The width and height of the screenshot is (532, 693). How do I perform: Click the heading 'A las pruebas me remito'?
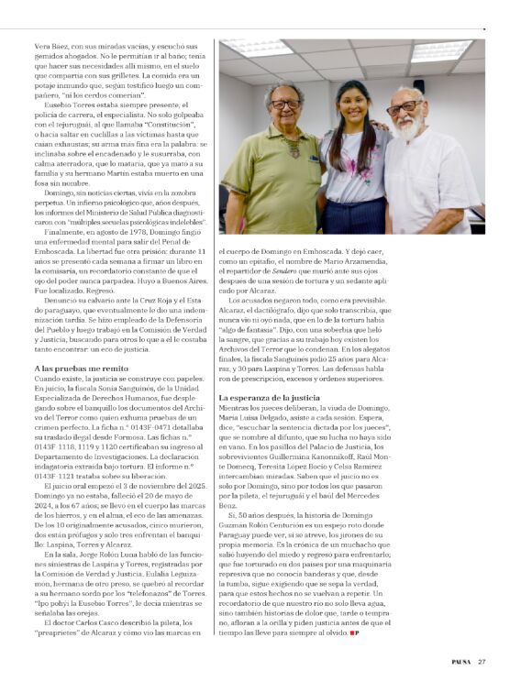coord(67,368)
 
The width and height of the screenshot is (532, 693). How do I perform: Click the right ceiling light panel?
coord(440,50)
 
